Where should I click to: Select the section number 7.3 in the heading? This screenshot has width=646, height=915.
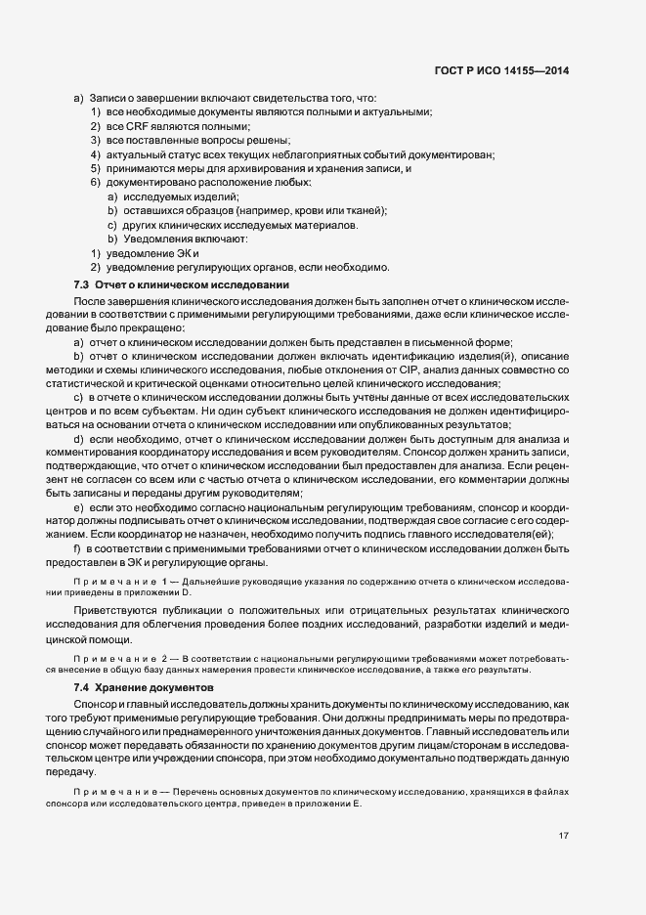[x=82, y=284]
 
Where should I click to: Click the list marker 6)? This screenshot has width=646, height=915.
[x=97, y=183]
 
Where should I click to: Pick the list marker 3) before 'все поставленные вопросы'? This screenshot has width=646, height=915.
[x=97, y=141]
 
